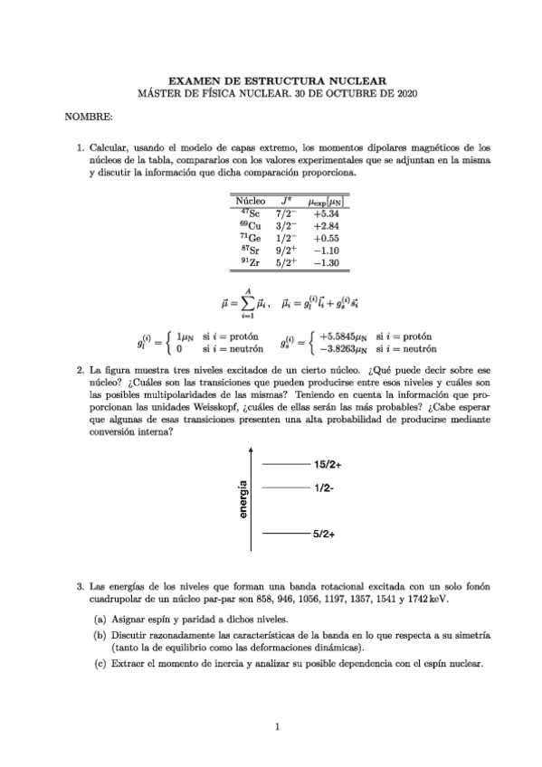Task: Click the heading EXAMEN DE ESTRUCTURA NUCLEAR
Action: [x=271, y=80]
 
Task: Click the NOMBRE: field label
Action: [x=88, y=118]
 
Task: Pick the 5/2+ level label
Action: [x=324, y=535]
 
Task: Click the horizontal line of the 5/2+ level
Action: [x=284, y=535]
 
